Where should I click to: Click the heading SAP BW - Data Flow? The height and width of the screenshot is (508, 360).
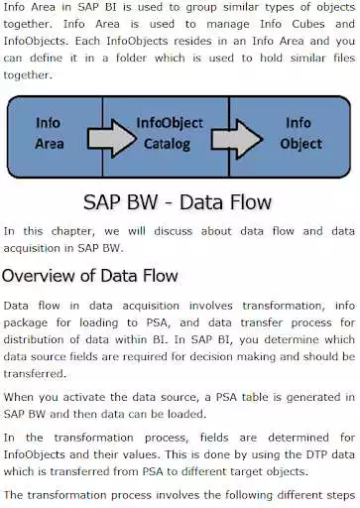coord(180,202)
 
